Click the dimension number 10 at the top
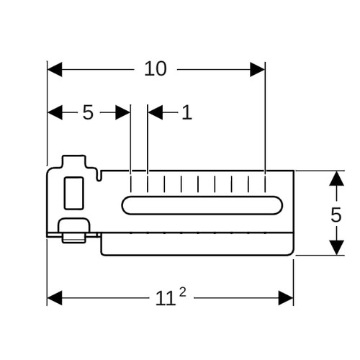(156, 69)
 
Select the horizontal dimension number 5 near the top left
(88, 112)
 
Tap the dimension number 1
(187, 112)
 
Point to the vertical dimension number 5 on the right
(336, 215)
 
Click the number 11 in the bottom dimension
(166, 298)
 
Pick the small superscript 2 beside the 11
(183, 292)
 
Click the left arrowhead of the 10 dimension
(55, 69)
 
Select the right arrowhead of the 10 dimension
(257, 69)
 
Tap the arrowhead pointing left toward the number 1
(156, 112)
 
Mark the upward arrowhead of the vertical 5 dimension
(336, 179)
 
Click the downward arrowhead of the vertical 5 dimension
(336, 248)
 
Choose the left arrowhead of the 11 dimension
(55, 298)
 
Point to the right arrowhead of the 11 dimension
(286, 298)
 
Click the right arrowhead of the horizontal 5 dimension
(122, 112)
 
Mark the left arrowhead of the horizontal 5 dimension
(55, 112)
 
